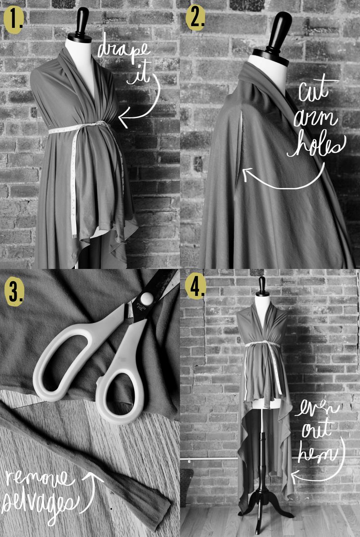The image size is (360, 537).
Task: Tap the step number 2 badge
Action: click(196, 19)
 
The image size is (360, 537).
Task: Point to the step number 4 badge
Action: click(196, 285)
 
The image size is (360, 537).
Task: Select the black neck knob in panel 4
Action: click(262, 286)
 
